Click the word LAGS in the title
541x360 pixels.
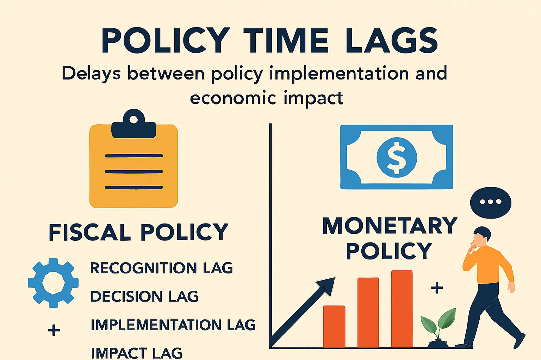click(x=392, y=40)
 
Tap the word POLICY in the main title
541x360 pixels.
click(x=166, y=40)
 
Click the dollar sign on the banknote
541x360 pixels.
click(x=397, y=157)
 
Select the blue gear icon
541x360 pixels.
click(x=53, y=283)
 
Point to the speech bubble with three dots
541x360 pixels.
click(x=490, y=202)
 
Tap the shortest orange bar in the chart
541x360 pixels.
click(x=334, y=326)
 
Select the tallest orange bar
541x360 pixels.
click(x=402, y=309)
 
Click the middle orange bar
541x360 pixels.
click(x=368, y=312)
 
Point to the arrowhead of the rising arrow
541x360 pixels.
click(x=327, y=285)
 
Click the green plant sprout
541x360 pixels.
click(x=439, y=324)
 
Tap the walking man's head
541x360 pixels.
click(x=481, y=236)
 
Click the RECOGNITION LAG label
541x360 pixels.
click(x=161, y=268)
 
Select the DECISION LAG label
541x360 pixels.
click(x=144, y=296)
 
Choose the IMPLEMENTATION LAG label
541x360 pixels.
click(x=173, y=325)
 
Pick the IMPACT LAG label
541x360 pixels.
click(x=137, y=353)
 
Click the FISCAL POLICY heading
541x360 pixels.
click(x=138, y=232)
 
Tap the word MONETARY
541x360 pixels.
click(x=390, y=226)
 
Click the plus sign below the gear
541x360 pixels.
click(x=54, y=330)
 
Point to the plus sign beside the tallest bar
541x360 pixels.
click(x=437, y=288)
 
